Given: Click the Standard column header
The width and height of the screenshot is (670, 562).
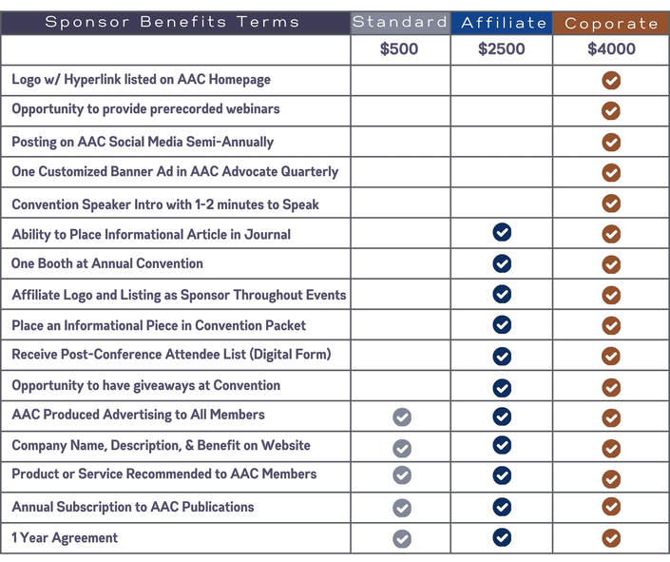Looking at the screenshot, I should point(399,22).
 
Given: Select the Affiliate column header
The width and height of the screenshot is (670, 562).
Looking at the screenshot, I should point(502,22).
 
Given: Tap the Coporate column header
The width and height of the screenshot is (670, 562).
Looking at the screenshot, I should point(611,23).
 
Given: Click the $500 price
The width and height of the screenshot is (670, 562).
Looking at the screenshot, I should point(399,49).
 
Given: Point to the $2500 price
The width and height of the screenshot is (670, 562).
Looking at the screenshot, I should point(502,49).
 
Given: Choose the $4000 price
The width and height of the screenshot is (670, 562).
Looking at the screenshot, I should point(611,49).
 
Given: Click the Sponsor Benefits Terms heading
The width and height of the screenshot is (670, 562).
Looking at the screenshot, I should point(172,22).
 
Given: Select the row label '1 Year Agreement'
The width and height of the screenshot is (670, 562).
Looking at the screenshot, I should point(65,537).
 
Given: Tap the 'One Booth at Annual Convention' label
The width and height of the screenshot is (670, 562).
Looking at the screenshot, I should point(107,263).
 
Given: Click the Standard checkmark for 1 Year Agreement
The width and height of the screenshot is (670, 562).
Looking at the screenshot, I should point(402,539).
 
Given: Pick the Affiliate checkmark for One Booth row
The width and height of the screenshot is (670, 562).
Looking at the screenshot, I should point(502,263).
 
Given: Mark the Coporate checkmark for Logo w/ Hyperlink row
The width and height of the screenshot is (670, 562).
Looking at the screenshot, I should point(611,81).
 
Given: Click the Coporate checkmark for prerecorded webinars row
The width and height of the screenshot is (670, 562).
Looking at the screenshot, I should point(611,111).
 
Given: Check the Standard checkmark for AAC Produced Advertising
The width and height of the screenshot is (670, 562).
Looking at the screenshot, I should point(402,417).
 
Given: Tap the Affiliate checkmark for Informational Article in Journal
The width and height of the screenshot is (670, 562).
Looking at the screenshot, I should point(502,234).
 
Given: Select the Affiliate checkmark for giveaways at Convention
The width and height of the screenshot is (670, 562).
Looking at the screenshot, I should point(502,387).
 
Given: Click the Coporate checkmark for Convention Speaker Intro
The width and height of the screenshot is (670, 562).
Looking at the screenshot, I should point(611,203).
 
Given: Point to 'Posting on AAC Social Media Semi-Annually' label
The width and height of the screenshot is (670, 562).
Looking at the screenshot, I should point(143,142).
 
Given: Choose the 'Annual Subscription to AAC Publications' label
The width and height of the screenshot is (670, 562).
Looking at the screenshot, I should point(133,507).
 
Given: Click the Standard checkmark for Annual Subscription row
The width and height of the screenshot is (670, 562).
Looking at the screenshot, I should point(402,508).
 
